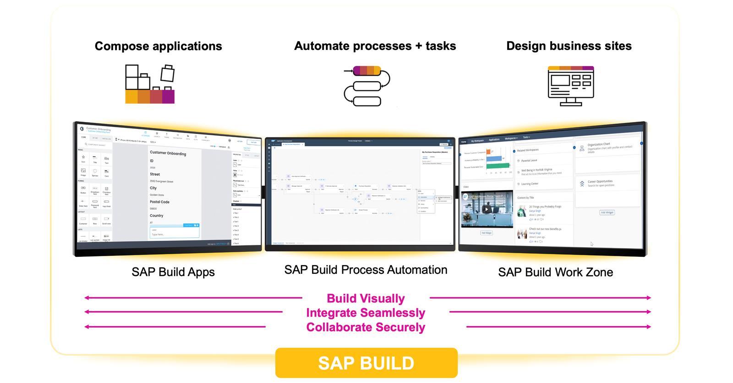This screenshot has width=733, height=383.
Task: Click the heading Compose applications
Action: click(158, 46)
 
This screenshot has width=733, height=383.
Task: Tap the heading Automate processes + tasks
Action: click(375, 46)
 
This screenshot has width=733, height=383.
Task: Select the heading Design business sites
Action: click(569, 46)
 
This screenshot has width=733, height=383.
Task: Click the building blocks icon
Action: click(150, 84)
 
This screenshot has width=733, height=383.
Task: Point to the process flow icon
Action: click(367, 86)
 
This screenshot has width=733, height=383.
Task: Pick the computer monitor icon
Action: click(571, 86)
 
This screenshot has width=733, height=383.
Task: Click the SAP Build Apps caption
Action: click(173, 272)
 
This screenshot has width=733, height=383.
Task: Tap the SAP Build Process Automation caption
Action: click(366, 270)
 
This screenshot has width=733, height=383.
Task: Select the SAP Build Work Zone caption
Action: click(555, 272)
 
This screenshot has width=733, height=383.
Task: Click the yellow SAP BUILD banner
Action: click(366, 363)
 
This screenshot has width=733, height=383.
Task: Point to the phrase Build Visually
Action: click(366, 299)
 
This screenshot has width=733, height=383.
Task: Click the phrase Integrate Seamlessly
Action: click(366, 313)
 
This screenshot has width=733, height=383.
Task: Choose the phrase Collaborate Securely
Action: click(366, 327)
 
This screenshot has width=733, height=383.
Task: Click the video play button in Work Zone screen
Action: click(487, 209)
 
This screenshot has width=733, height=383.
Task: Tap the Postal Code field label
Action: click(159, 202)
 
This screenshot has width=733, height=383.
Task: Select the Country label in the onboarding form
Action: click(156, 216)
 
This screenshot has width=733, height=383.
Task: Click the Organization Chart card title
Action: click(599, 144)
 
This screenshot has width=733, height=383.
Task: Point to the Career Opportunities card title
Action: click(600, 182)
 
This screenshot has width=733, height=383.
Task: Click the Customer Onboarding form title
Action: click(168, 153)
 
